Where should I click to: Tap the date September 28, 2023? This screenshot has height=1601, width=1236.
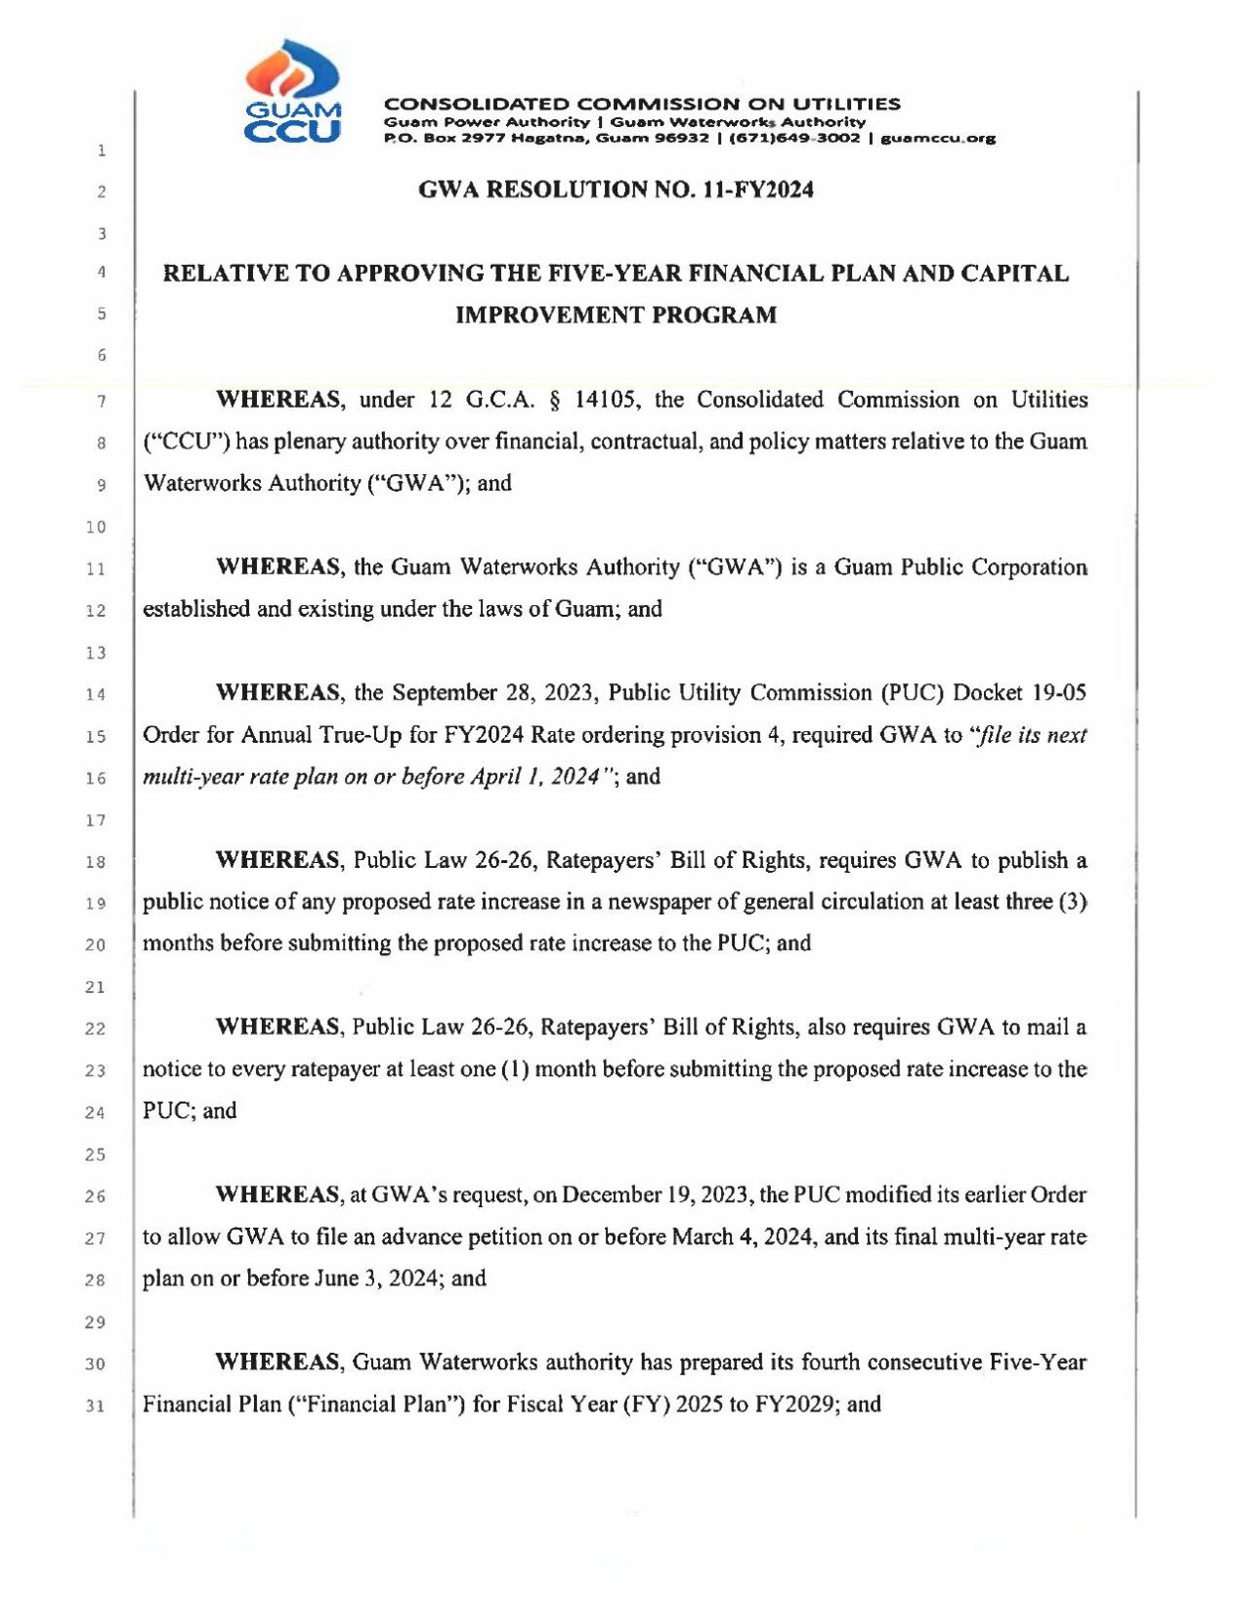coord(492,693)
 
